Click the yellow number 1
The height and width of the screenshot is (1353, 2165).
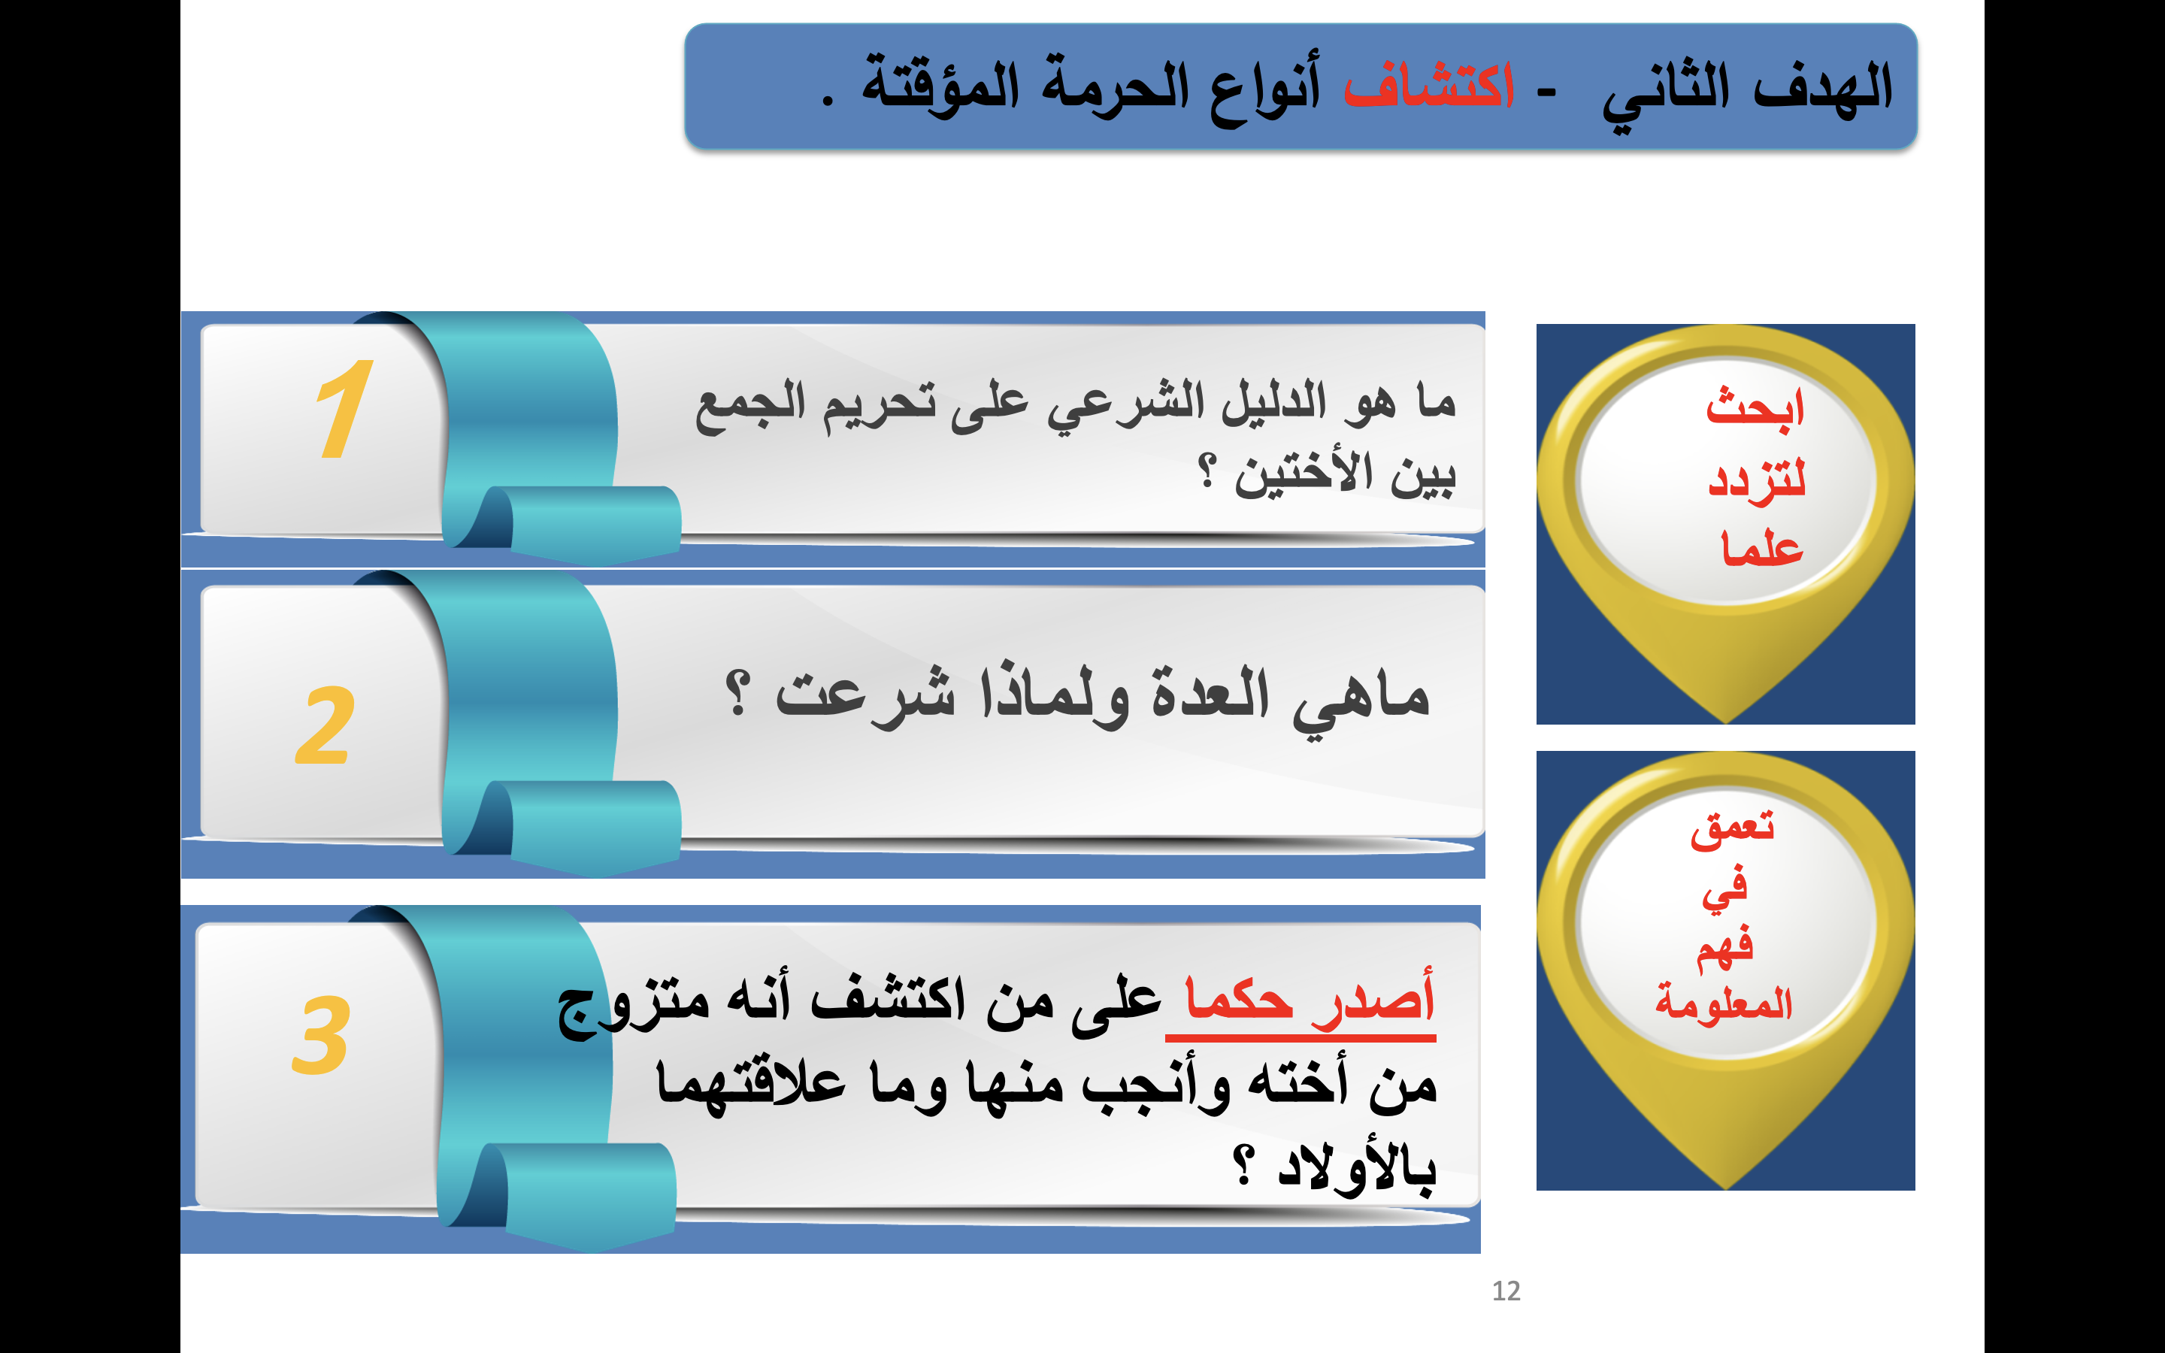pyautogui.click(x=344, y=409)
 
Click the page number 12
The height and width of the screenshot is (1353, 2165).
pyautogui.click(x=1506, y=1291)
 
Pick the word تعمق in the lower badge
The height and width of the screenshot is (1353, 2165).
pyautogui.click(x=1732, y=828)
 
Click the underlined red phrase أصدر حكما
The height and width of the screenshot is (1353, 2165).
pyautogui.click(x=1309, y=1000)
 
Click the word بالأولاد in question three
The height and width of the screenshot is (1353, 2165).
pyautogui.click(x=1356, y=1167)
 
